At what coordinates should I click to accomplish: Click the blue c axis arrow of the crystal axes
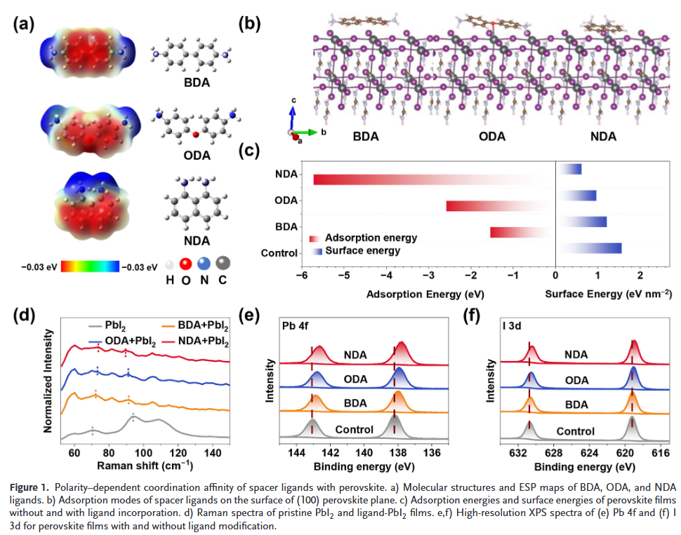click(293, 112)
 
